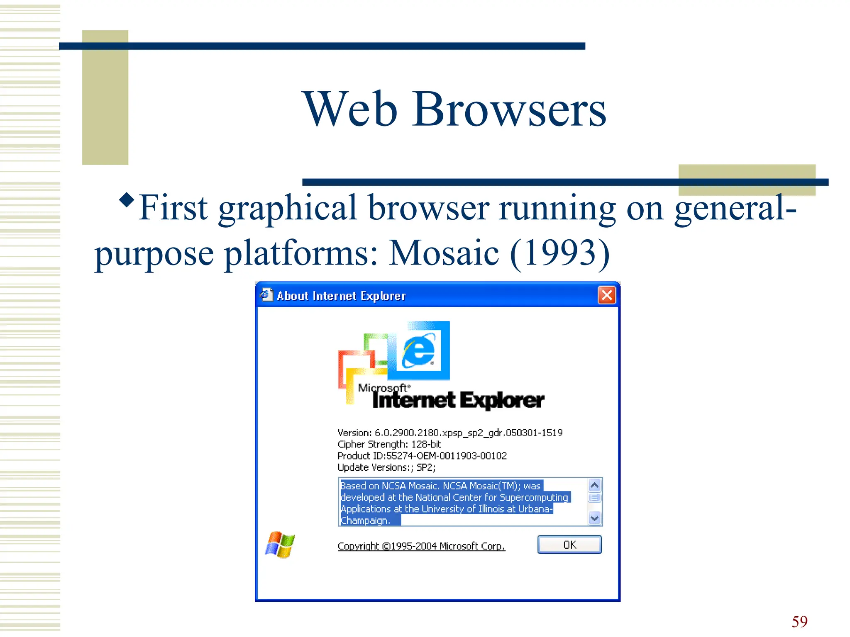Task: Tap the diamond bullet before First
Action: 127,200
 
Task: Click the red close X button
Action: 606,296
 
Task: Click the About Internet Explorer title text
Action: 341,296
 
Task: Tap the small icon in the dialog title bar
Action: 266,295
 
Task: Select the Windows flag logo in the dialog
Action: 280,545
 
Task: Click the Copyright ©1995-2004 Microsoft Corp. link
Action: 421,546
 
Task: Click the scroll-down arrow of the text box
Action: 595,518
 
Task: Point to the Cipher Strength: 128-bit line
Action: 389,445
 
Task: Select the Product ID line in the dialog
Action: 422,456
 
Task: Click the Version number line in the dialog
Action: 450,433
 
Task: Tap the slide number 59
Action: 799,622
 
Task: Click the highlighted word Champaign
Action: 365,521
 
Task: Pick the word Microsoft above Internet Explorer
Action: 383,388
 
